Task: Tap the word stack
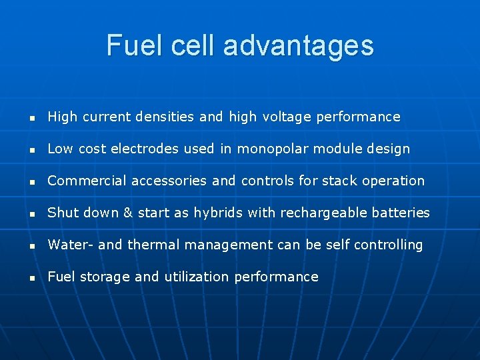click(337, 181)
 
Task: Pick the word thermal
click(151, 245)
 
